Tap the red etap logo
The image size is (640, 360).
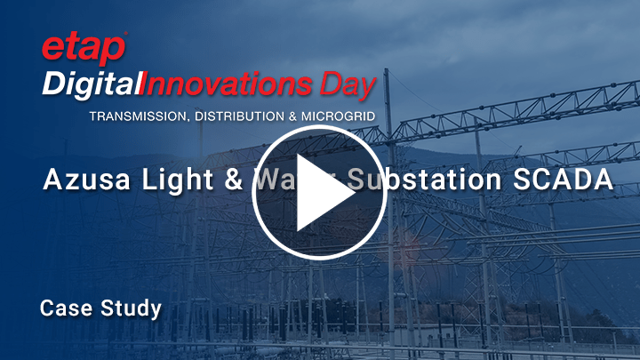[84, 50]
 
